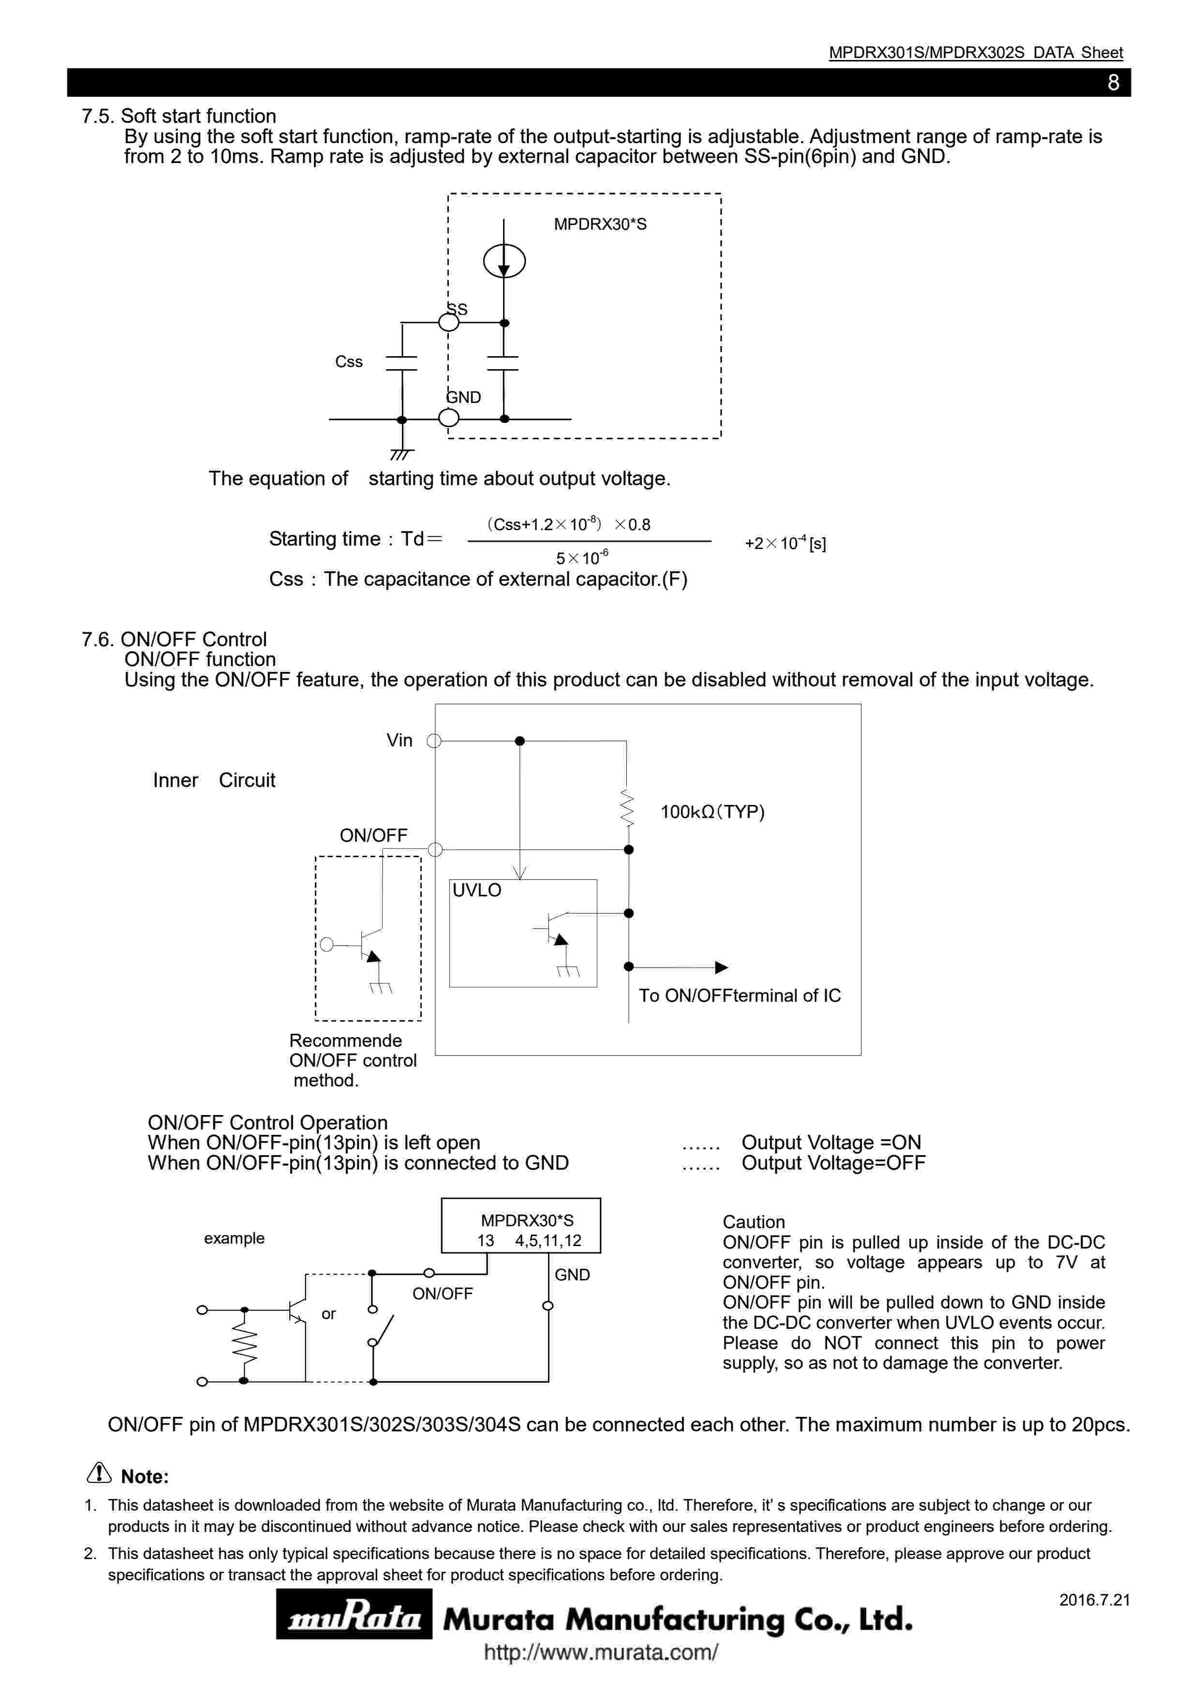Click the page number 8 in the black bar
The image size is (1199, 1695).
pyautogui.click(x=1113, y=83)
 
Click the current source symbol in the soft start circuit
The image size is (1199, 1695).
pyautogui.click(x=504, y=261)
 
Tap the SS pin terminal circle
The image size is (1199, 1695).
pyautogui.click(x=449, y=323)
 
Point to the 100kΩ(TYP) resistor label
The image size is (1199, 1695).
pyautogui.click(x=712, y=812)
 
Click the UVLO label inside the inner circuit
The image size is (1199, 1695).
pyautogui.click(x=477, y=891)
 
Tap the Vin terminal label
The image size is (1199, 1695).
pyautogui.click(x=400, y=741)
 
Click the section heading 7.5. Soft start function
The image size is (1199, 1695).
pyautogui.click(x=178, y=116)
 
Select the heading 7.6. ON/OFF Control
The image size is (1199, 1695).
pyautogui.click(x=174, y=639)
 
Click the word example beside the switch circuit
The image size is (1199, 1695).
pyautogui.click(x=234, y=1238)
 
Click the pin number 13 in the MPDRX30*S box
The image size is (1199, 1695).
pyautogui.click(x=486, y=1240)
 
